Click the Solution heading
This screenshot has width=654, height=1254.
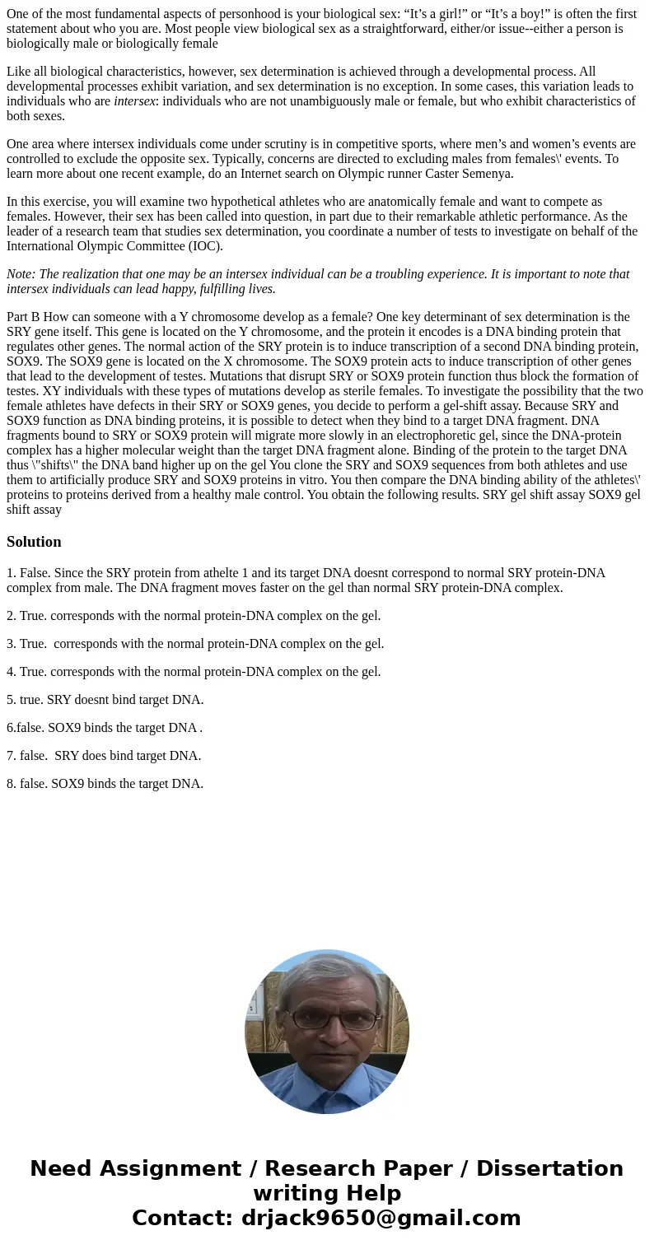34,542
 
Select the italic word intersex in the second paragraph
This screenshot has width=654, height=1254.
134,101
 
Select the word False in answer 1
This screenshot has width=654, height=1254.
35,573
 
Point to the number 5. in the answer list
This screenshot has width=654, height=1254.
12,700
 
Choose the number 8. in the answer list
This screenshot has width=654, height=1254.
12,784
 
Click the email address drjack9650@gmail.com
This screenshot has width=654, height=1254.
381,1219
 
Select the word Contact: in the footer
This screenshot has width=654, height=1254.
182,1219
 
